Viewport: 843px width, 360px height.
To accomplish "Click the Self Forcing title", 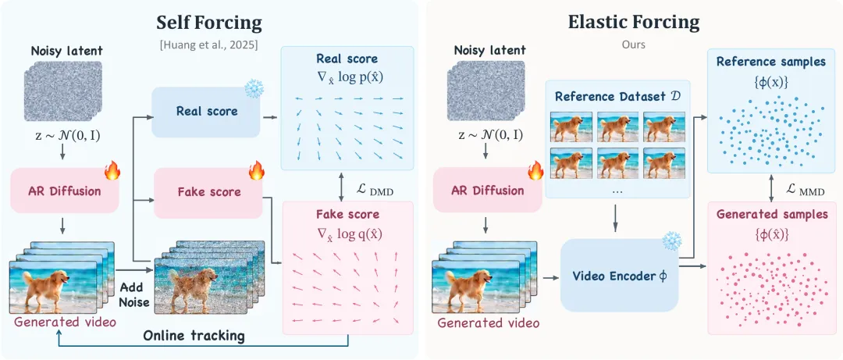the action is pyautogui.click(x=208, y=23).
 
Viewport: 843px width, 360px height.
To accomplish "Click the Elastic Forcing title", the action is pyautogui.click(x=634, y=22).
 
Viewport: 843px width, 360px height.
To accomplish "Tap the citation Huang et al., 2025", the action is pyautogui.click(x=208, y=45).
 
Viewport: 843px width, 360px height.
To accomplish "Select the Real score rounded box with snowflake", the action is pyautogui.click(x=206, y=112).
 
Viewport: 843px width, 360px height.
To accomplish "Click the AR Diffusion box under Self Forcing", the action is pyautogui.click(x=65, y=191).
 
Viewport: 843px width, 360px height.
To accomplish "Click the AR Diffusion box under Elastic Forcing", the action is pyautogui.click(x=487, y=191).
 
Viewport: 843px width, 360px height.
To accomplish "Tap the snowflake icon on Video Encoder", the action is pyautogui.click(x=672, y=241).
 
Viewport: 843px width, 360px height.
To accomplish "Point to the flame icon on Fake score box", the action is pyautogui.click(x=256, y=170).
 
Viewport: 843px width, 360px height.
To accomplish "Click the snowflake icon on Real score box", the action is pyautogui.click(x=254, y=89).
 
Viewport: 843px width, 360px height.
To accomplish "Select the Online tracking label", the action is pyautogui.click(x=194, y=337).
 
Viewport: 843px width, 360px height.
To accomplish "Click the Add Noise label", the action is pyautogui.click(x=136, y=294).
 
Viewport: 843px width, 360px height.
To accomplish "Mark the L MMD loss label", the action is pyautogui.click(x=805, y=191).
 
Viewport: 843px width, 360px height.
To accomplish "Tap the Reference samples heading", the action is pyautogui.click(x=770, y=62).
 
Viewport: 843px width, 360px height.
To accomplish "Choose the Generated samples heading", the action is pyautogui.click(x=773, y=215).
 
